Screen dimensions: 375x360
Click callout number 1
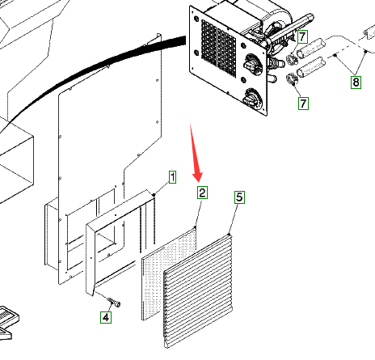pyautogui.click(x=172, y=177)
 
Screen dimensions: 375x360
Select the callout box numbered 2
pyautogui.click(x=202, y=193)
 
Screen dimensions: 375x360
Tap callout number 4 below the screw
pyautogui.click(x=106, y=317)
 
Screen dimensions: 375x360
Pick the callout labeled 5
pyautogui.click(x=239, y=197)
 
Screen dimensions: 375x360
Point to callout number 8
pyautogui.click(x=356, y=82)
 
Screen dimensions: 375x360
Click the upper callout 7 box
pyautogui.click(x=302, y=36)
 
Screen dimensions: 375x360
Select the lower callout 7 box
pyautogui.click(x=303, y=104)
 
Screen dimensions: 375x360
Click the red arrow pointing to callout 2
pyautogui.click(x=196, y=152)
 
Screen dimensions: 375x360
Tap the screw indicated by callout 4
pyautogui.click(x=114, y=302)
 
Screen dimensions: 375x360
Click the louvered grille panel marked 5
pyautogui.click(x=198, y=291)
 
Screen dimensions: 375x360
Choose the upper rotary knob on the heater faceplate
pyautogui.click(x=253, y=65)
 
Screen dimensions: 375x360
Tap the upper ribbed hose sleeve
pyautogui.click(x=310, y=48)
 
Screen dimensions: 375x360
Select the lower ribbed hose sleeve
pyautogui.click(x=310, y=67)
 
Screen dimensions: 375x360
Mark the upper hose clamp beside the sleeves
pyautogui.click(x=292, y=59)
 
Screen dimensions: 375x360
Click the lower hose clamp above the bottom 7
pyautogui.click(x=292, y=78)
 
